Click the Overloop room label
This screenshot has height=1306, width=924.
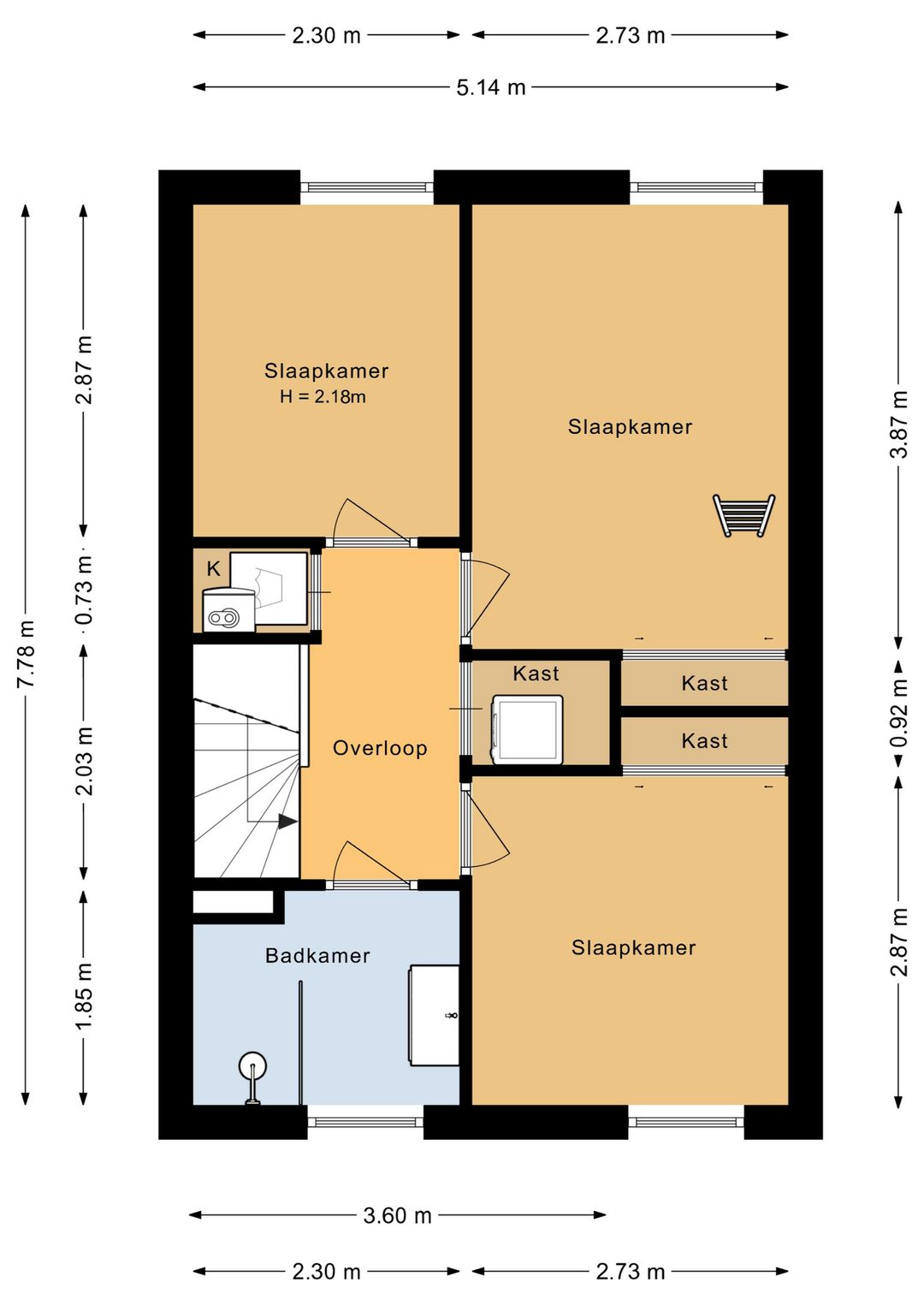click(x=380, y=748)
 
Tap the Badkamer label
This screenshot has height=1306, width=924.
click(x=317, y=956)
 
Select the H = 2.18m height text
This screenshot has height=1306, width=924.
click(x=323, y=397)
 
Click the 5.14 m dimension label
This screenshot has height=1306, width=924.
click(x=491, y=87)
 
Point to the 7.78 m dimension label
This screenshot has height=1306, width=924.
click(x=27, y=654)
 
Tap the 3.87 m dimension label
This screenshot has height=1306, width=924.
click(x=899, y=424)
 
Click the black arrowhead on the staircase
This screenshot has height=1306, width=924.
click(x=287, y=822)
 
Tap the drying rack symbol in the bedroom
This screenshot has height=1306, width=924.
click(x=743, y=515)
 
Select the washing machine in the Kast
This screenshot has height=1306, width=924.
click(x=528, y=729)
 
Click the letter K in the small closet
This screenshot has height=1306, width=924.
click(x=213, y=568)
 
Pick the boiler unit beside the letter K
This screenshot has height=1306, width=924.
click(x=229, y=610)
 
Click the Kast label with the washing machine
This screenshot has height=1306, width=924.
click(x=536, y=674)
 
